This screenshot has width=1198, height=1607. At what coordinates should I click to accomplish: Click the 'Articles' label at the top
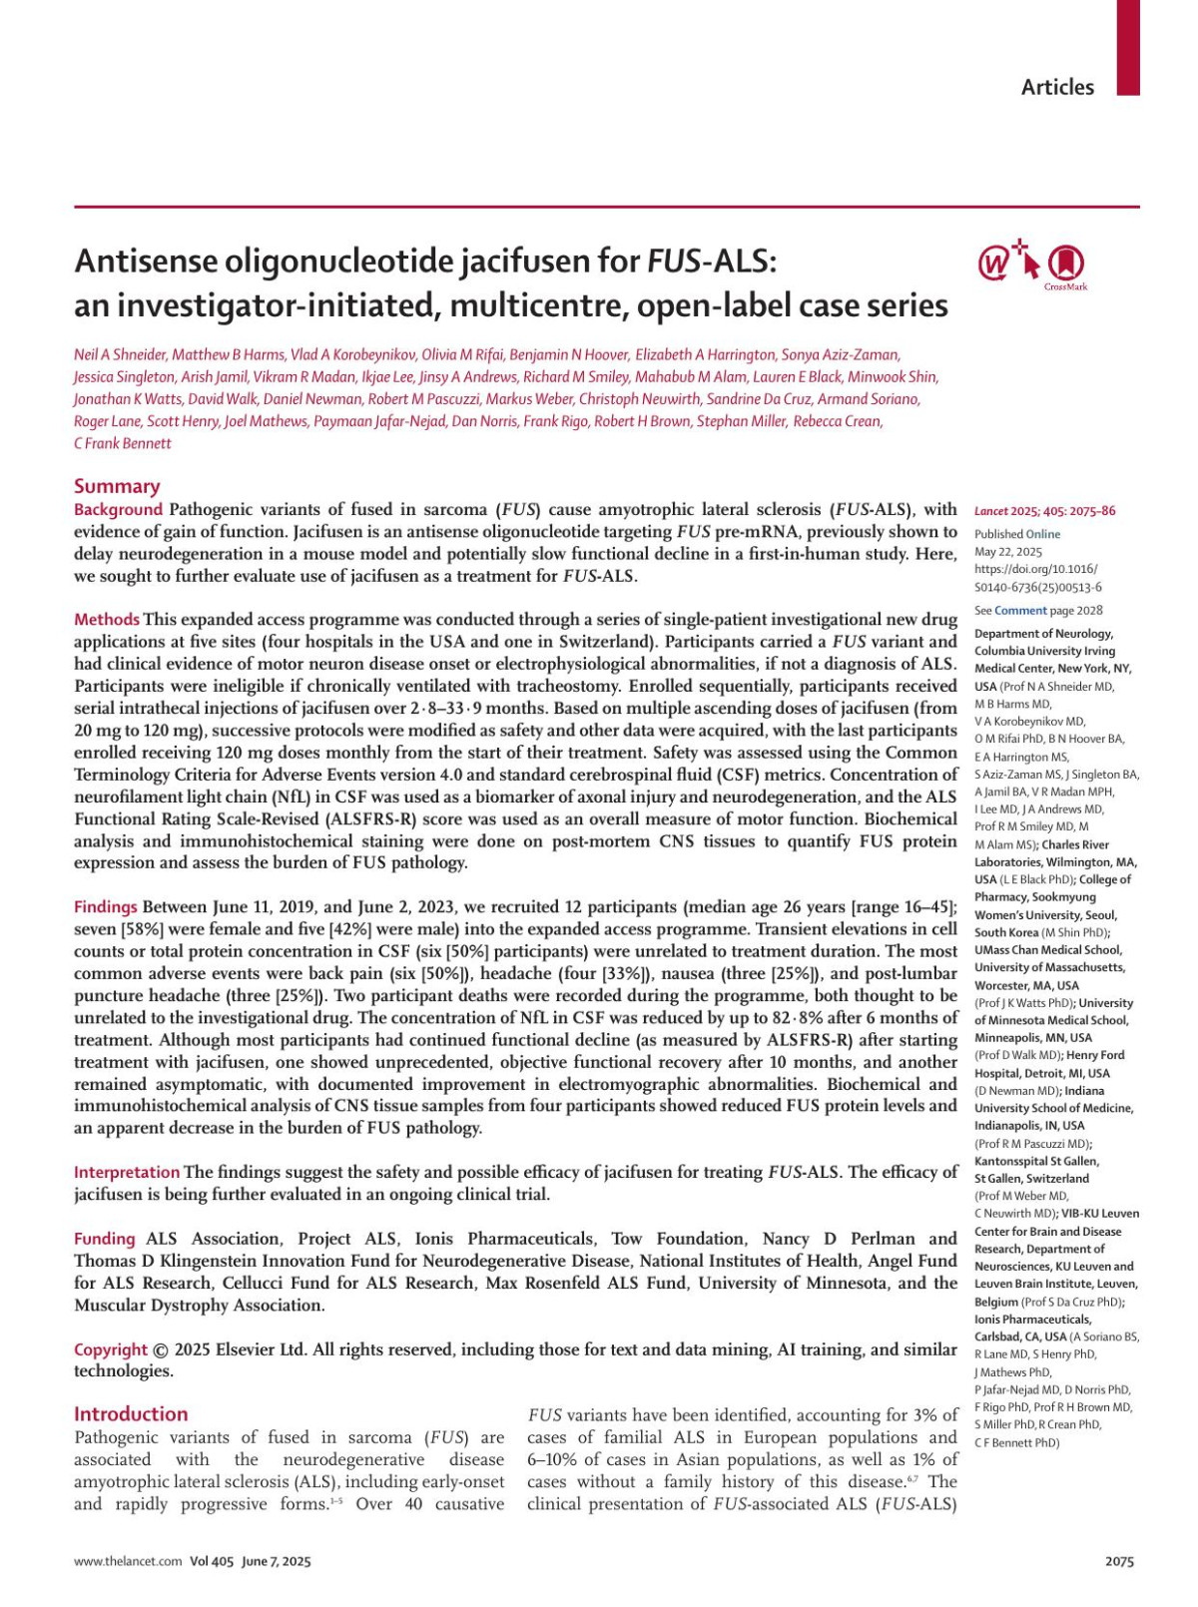pos(1057,87)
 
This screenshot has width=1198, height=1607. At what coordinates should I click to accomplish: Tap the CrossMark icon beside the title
pos(1066,264)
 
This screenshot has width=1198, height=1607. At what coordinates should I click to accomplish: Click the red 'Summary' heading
pos(117,486)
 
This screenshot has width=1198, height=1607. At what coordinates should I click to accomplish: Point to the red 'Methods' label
pos(107,620)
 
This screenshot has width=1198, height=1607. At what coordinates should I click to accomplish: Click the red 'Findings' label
pos(106,907)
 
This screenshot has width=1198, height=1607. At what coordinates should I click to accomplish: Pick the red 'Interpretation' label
pos(127,1172)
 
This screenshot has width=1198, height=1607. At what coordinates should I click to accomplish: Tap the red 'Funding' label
pos(105,1239)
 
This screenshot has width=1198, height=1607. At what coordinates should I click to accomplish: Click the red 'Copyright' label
pos(111,1349)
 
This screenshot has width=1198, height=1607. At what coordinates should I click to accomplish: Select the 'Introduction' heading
pos(131,1413)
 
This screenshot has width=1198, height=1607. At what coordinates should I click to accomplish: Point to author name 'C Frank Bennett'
pos(123,444)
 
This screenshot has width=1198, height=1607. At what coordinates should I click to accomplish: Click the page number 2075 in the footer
pos(1119,1562)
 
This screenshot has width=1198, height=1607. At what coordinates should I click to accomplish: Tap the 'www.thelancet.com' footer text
pos(128,1562)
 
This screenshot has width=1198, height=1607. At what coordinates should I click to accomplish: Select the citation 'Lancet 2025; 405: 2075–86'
pos(1044,512)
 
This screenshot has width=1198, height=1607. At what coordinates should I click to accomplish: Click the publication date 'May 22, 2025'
pos(1008,552)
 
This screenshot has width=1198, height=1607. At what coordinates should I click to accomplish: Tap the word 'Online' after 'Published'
pos(1043,535)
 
